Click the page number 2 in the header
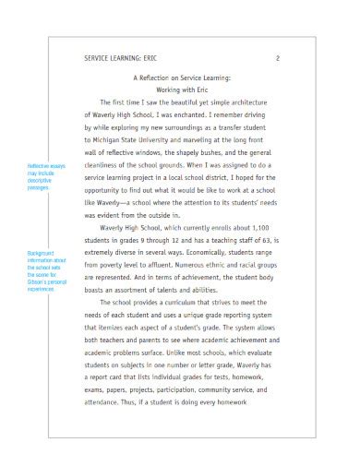(x=278, y=58)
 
